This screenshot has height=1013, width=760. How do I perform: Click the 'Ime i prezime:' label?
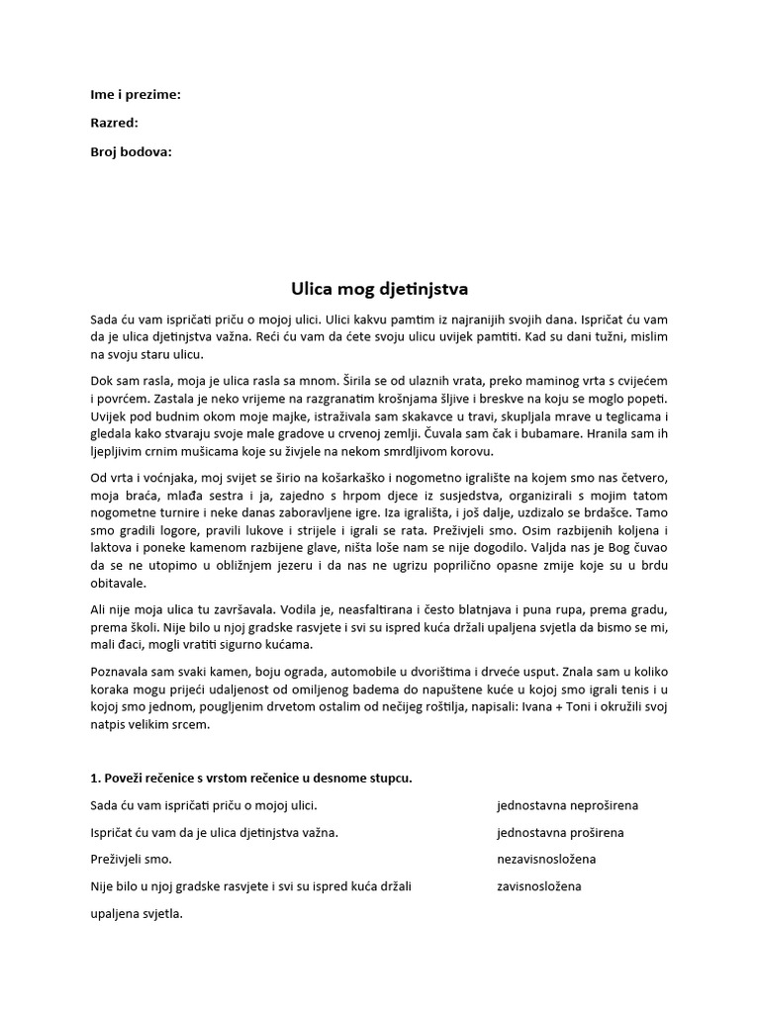click(x=136, y=95)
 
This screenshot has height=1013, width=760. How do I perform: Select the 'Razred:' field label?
click(x=114, y=123)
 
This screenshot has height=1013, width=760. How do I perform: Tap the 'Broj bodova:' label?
click(x=131, y=151)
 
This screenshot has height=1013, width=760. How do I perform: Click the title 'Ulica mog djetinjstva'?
click(x=379, y=289)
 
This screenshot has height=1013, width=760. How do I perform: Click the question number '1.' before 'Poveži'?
click(x=95, y=778)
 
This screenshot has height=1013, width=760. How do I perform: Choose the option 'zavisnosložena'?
click(x=538, y=885)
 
